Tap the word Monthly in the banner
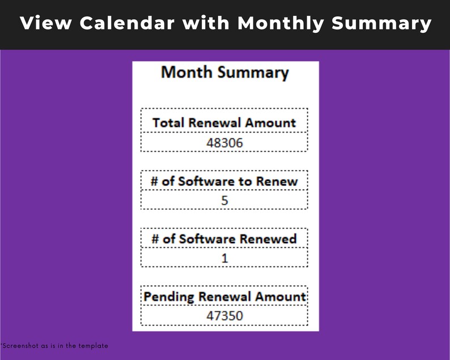(280, 23)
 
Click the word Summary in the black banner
(381, 23)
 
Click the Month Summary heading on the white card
(225, 73)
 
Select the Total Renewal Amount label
(224, 122)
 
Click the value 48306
(224, 143)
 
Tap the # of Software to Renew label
(224, 181)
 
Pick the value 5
(224, 201)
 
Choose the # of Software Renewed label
(224, 239)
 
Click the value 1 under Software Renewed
(224, 259)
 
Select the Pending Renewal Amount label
(224, 297)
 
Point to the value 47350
(224, 316)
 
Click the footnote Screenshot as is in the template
(54, 345)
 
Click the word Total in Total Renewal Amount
(169, 122)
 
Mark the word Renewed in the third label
(268, 239)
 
